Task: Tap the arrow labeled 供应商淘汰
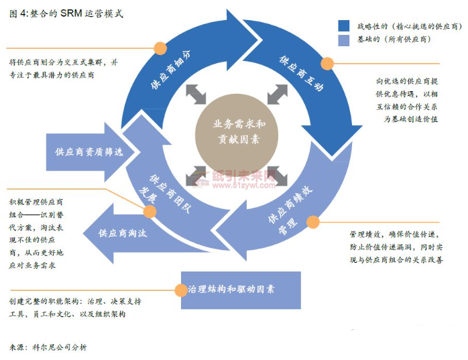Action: click(123, 233)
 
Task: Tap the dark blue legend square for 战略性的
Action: click(344, 25)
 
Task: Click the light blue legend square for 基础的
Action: click(344, 40)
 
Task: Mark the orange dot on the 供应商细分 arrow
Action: click(160, 48)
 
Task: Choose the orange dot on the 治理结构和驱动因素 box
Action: click(180, 290)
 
